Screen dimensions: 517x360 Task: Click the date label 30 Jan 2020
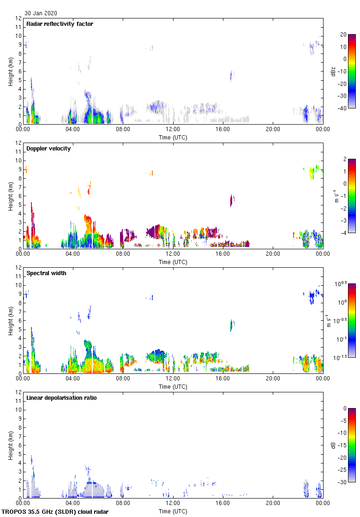point(41,13)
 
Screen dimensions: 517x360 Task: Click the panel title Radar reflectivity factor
point(60,24)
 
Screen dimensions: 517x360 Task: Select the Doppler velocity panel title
point(48,149)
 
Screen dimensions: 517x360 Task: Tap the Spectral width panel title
point(47,273)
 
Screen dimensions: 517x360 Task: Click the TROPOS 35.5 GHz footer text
point(56,512)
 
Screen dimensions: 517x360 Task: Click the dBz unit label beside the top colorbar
point(333,71)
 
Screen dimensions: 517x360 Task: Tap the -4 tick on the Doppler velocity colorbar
point(344,233)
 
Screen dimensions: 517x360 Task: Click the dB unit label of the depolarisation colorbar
point(334,445)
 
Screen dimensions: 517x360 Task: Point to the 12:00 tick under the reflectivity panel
point(173,130)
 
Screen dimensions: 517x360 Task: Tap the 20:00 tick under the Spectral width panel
point(273,379)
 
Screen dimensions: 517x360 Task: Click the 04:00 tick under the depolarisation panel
point(73,504)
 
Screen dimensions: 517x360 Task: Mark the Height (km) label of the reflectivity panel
point(10,72)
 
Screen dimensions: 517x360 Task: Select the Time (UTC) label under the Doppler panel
point(173,262)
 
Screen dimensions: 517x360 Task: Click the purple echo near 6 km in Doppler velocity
point(232,200)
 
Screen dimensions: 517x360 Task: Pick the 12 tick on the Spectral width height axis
point(18,268)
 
